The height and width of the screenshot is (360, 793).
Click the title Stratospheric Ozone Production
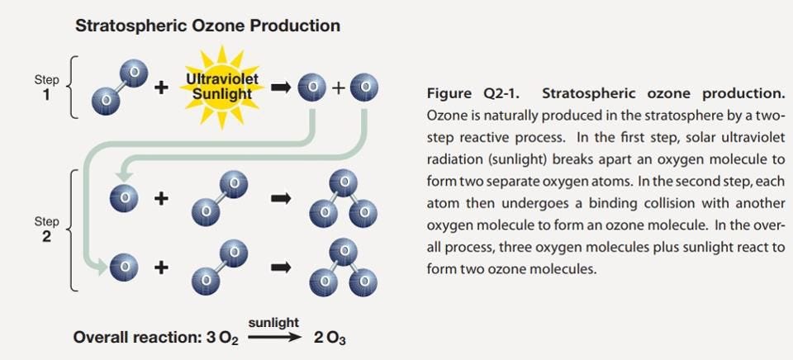[x=207, y=26]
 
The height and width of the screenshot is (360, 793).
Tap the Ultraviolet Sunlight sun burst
[x=222, y=88]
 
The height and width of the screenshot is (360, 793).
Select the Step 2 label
[x=46, y=230]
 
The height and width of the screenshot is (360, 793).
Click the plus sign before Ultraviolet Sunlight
[x=160, y=88]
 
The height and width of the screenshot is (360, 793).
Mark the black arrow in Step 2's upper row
[x=282, y=199]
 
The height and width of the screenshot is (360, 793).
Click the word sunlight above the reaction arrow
[x=273, y=321]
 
